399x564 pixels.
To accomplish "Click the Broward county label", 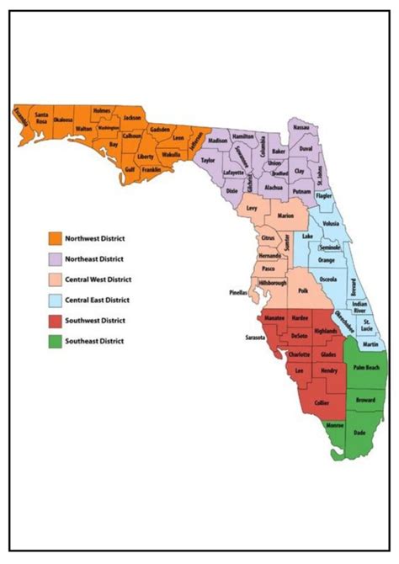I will (365, 400).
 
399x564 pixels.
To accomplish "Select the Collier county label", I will (322, 403).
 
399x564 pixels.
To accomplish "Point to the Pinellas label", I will (238, 294).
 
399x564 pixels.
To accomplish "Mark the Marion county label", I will (286, 215).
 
